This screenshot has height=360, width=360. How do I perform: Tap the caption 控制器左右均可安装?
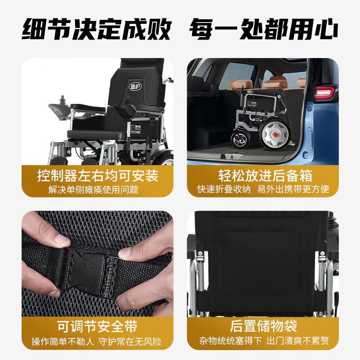(98, 175)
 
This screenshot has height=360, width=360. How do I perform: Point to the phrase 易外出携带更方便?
(293, 189)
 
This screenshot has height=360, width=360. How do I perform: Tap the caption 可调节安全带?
(97, 326)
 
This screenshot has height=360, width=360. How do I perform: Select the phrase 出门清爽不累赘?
(297, 341)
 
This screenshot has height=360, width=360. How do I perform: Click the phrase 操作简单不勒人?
(63, 341)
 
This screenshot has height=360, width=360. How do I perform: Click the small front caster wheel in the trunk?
(239, 139)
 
